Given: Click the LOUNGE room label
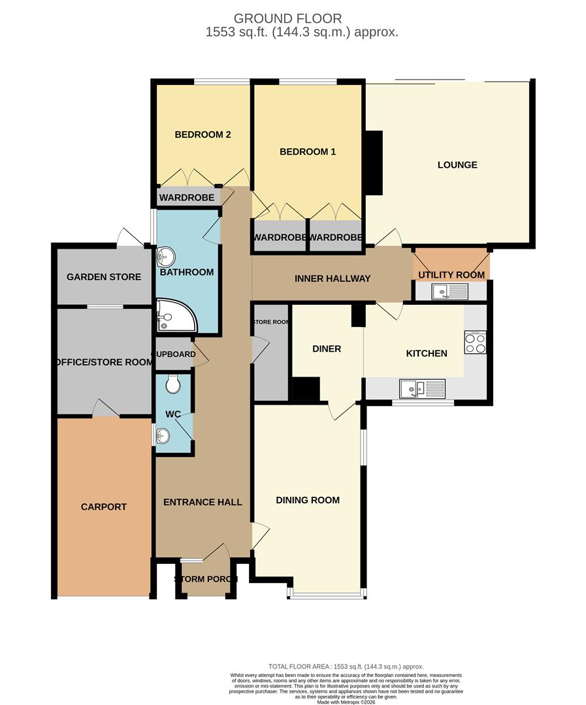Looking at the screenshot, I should [457, 165].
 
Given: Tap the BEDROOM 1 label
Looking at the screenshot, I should [308, 152].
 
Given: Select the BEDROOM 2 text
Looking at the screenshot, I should [203, 135].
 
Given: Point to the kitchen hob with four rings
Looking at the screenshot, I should [475, 342].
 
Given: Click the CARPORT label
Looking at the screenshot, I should [104, 507].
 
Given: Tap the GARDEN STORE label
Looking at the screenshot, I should [104, 277].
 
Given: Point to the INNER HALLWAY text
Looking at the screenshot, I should [333, 279].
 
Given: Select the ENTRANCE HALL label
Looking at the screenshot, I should [203, 502].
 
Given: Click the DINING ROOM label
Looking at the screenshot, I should [308, 501].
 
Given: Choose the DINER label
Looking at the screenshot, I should [327, 349].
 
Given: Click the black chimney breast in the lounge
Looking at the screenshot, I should [374, 163].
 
